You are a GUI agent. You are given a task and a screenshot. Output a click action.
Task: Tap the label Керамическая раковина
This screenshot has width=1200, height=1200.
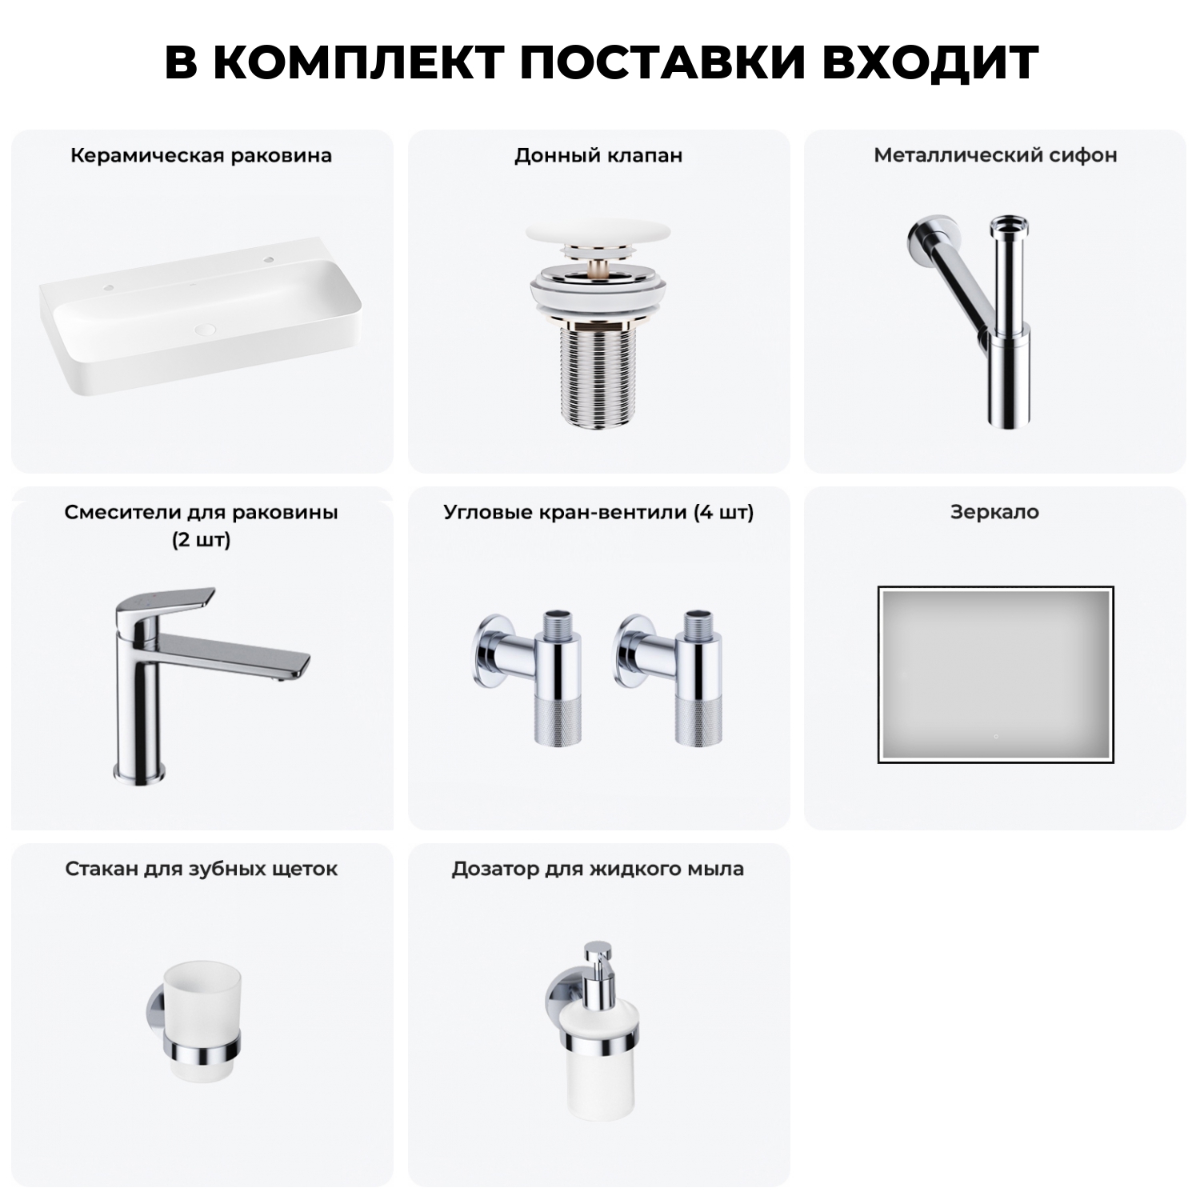pyautogui.click(x=201, y=155)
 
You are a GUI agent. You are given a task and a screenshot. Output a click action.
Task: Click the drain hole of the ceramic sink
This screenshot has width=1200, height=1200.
pyautogui.click(x=206, y=328)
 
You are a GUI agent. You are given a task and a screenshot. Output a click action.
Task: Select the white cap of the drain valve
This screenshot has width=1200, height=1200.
pyautogui.click(x=598, y=238)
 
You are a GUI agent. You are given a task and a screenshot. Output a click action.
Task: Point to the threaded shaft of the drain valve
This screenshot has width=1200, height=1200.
pyautogui.click(x=598, y=376)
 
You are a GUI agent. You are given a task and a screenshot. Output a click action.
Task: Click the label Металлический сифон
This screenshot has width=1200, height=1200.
pyautogui.click(x=995, y=155)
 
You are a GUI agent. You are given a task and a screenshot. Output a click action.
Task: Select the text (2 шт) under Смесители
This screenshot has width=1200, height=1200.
pyautogui.click(x=202, y=540)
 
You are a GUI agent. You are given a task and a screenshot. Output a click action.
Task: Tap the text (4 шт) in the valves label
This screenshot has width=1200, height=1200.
pyautogui.click(x=723, y=512)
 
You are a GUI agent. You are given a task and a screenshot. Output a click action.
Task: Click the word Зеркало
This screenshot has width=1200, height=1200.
pyautogui.click(x=994, y=512)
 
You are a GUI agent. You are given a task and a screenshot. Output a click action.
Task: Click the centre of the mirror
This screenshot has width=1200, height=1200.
pyautogui.click(x=995, y=674)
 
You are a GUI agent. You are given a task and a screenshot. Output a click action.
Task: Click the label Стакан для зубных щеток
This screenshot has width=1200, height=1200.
pyautogui.click(x=202, y=869)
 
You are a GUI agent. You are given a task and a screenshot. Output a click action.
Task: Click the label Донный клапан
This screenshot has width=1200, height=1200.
pyautogui.click(x=598, y=155)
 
